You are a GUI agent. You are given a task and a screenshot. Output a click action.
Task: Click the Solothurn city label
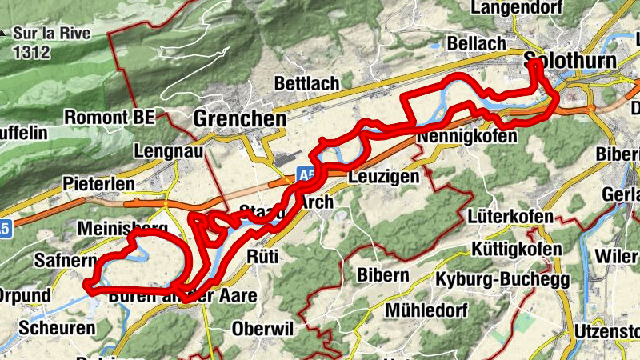pyautogui.click(x=570, y=62)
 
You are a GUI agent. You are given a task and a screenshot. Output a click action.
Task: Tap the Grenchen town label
pyautogui.click(x=239, y=119)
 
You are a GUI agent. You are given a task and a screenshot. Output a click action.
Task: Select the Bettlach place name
pyautogui.click(x=306, y=83)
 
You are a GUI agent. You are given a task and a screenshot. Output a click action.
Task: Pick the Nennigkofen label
pyautogui.click(x=466, y=138)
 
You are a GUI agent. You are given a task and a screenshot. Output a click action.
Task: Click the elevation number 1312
pyautogui.click(x=31, y=53)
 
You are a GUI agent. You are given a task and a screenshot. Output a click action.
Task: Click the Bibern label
pyautogui.click(x=383, y=276)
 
